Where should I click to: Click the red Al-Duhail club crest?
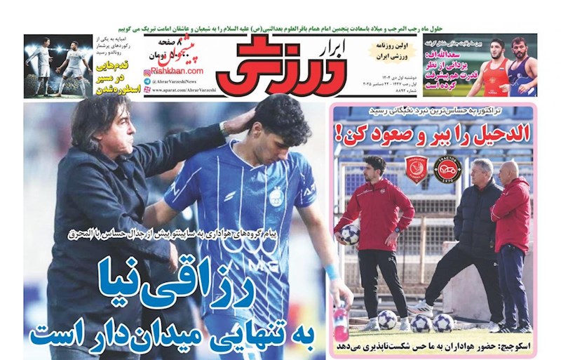click(417, 169)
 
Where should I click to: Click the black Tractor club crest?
click(447, 169)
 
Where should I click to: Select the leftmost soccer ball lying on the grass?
click(387, 319)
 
